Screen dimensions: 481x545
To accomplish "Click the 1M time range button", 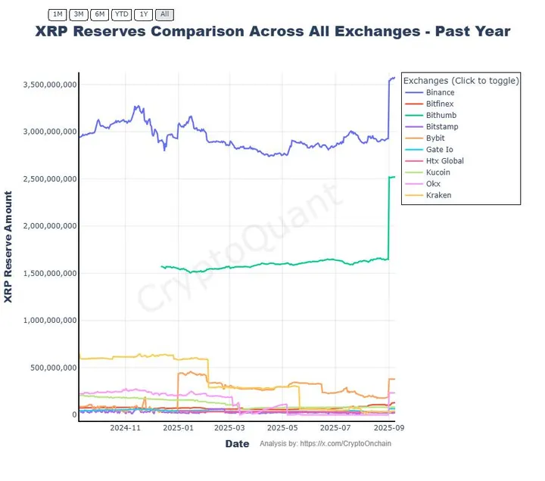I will tap(58, 14).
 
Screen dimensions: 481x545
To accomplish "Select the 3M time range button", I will tap(78, 14).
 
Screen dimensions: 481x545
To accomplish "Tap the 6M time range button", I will tap(99, 14).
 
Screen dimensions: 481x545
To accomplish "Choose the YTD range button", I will tap(121, 14).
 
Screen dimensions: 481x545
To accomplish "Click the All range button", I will tap(166, 14).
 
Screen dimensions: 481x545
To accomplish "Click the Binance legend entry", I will tap(440, 92).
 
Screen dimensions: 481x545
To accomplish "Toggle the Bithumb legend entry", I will tap(441, 115).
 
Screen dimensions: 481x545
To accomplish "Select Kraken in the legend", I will tap(438, 195).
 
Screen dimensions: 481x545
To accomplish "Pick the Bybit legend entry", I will tap(436, 138).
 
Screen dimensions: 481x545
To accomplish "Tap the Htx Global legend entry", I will tap(444, 161).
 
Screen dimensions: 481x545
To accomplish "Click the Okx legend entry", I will tap(434, 184).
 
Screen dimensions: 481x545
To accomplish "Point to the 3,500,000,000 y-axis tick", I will tap(47, 85).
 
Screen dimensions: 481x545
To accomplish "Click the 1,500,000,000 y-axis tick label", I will tap(47, 273).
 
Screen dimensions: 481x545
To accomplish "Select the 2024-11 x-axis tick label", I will tap(126, 428).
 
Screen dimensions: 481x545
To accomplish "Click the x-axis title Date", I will tap(237, 444).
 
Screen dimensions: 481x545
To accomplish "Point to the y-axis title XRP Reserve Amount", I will tap(8, 247).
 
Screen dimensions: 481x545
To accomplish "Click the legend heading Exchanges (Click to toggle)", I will tap(461, 80).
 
